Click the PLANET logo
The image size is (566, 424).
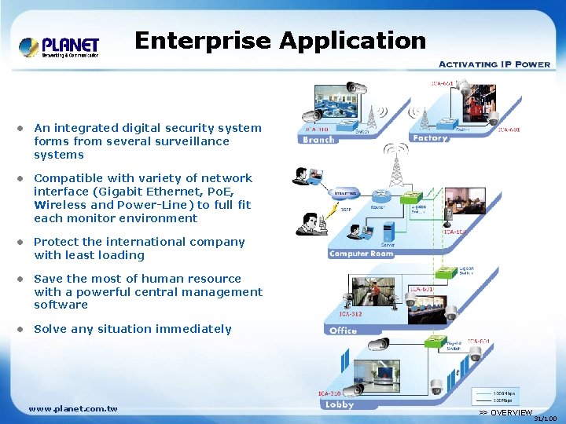pyautogui.click(x=59, y=47)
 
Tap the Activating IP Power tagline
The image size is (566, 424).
pyautogui.click(x=494, y=64)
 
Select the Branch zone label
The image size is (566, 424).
pyautogui.click(x=318, y=140)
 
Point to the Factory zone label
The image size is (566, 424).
pyautogui.click(x=429, y=138)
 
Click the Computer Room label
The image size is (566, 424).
pyautogui.click(x=360, y=254)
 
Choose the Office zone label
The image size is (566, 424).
pyautogui.click(x=343, y=331)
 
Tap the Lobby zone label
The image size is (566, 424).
pyautogui.click(x=340, y=405)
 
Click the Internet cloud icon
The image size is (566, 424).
pyautogui.click(x=345, y=193)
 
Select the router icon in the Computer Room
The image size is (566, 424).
pyautogui.click(x=383, y=197)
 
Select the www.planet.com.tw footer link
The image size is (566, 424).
pyautogui.click(x=73, y=409)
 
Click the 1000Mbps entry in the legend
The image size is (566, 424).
pyautogui.click(x=503, y=393)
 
